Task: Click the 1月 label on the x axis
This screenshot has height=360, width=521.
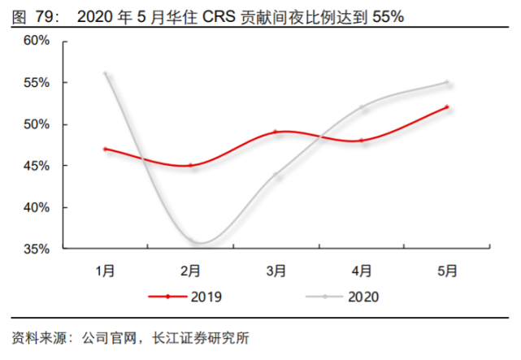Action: click(106, 270)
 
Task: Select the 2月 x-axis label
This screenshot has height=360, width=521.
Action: click(191, 270)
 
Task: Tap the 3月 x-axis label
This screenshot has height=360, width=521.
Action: click(276, 270)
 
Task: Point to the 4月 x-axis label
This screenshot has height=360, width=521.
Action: click(362, 270)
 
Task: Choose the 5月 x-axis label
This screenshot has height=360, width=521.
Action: click(447, 270)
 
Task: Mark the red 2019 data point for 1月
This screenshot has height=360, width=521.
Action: click(106, 149)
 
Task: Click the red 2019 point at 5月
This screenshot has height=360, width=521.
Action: click(447, 107)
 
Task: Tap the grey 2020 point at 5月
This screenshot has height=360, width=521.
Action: click(447, 82)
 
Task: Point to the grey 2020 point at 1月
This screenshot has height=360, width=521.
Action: click(106, 74)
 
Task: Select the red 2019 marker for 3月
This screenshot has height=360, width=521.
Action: click(276, 132)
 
